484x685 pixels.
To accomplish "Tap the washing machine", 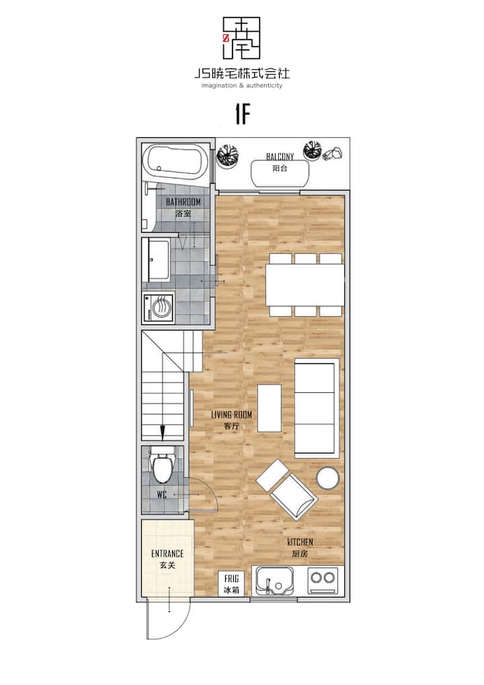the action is [x=159, y=308].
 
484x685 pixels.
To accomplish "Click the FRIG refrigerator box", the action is [x=231, y=583].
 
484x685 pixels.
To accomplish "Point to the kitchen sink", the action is [x=275, y=581].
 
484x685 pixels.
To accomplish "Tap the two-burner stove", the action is [x=323, y=580].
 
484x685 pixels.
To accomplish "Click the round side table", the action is [x=328, y=478].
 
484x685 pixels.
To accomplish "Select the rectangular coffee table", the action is [x=270, y=408].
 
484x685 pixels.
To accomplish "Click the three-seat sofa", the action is [x=317, y=408].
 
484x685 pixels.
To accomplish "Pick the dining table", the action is [x=305, y=285].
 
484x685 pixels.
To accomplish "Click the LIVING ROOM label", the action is [x=231, y=414].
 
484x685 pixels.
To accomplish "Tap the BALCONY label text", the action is [x=280, y=156].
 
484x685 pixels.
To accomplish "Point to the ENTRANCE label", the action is [x=167, y=554].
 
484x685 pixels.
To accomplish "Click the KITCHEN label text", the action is [x=300, y=542].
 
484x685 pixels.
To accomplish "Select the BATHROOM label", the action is [x=184, y=202].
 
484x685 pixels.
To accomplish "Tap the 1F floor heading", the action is [x=243, y=114].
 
